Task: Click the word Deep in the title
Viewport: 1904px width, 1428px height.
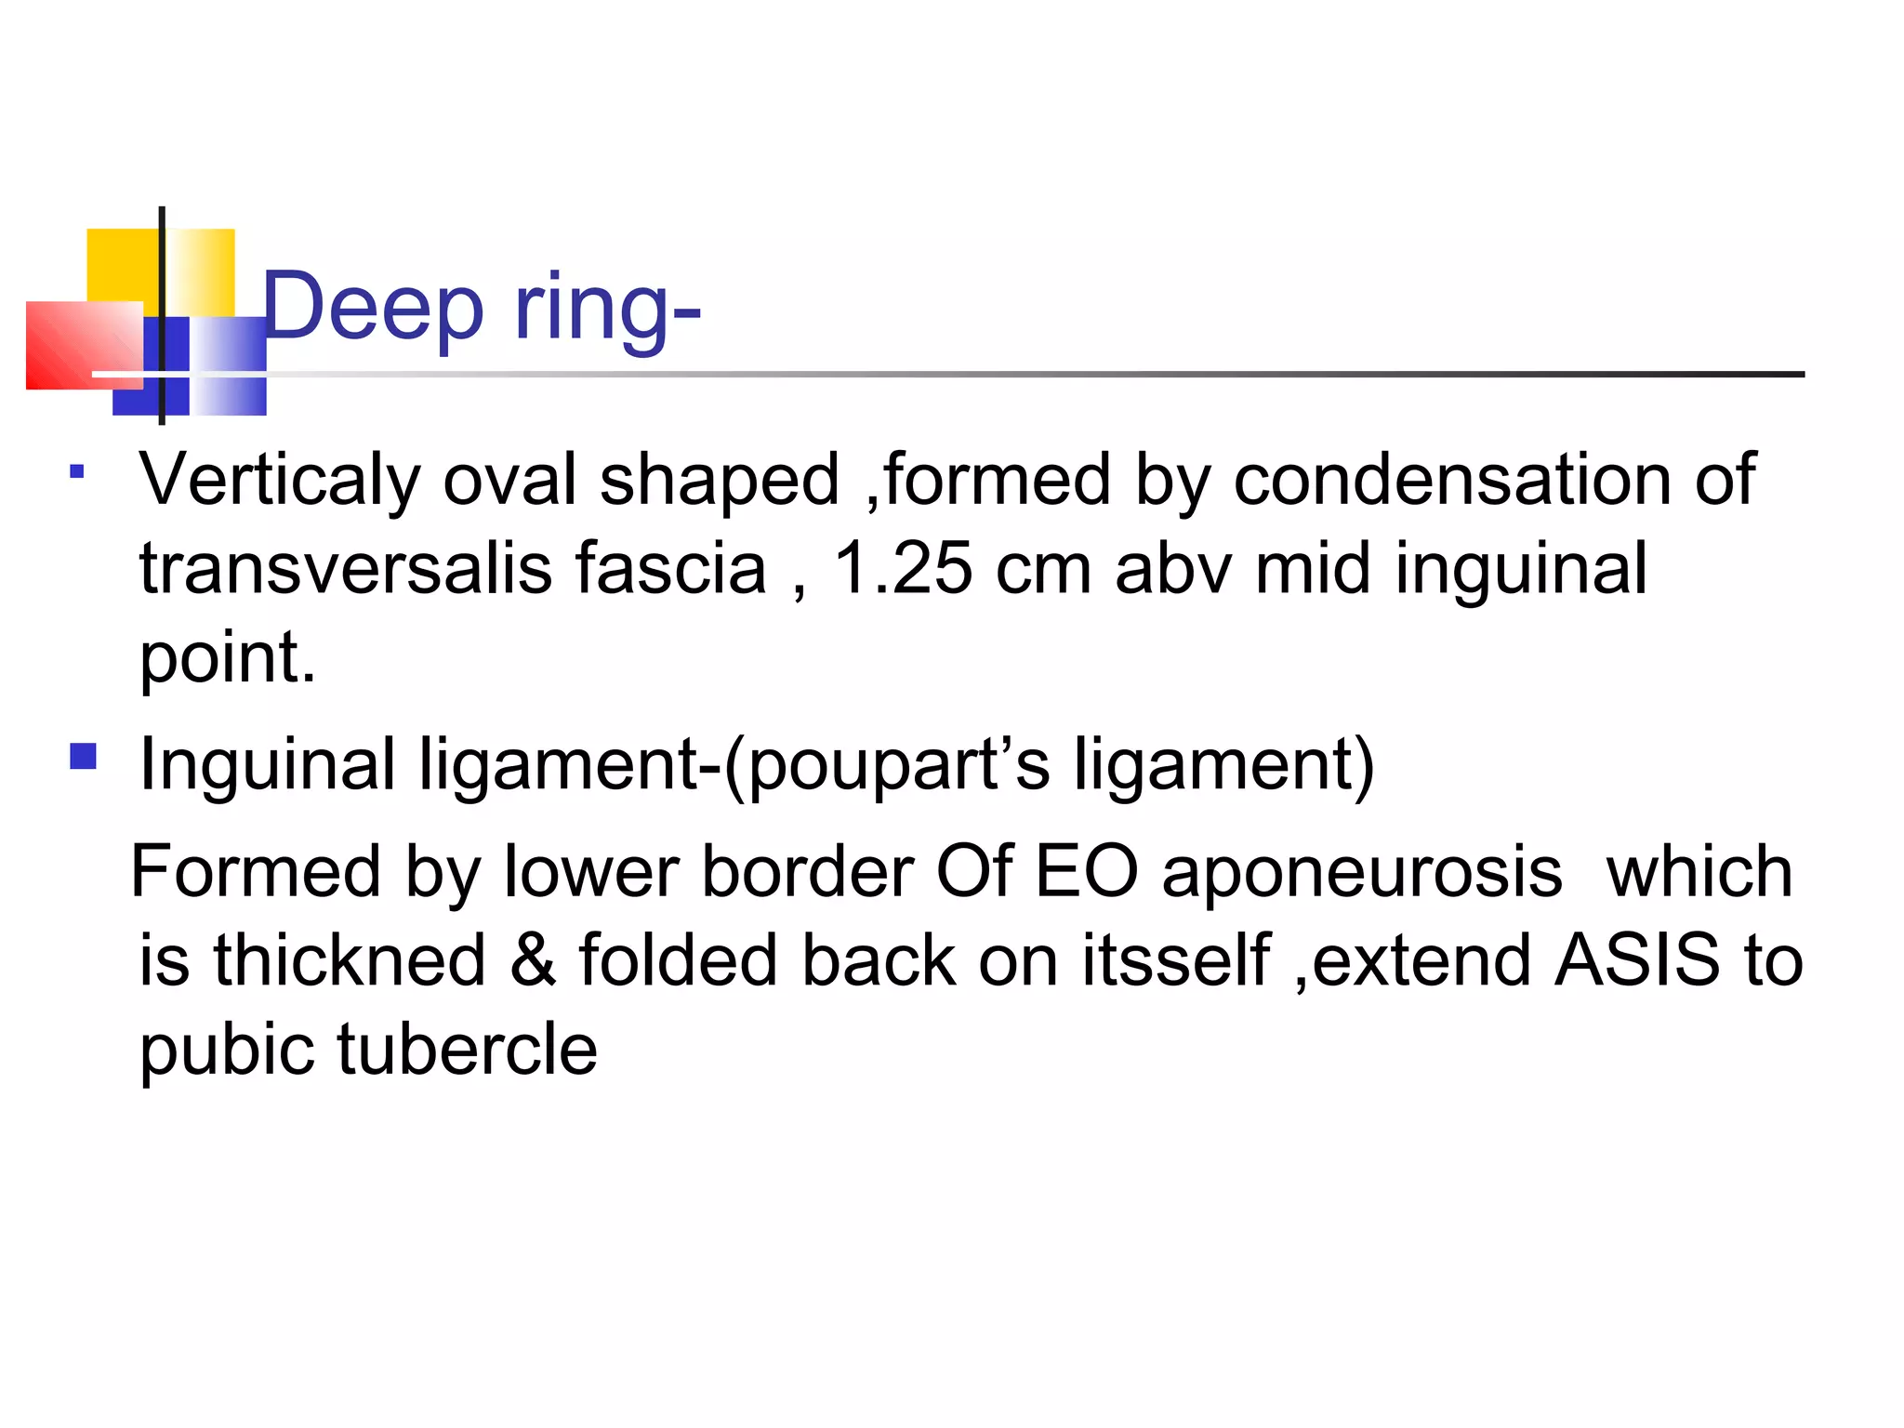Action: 373,308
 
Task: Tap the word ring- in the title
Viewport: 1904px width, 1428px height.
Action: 607,308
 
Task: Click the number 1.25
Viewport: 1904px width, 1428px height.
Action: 903,568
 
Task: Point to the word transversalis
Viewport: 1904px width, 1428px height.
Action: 346,568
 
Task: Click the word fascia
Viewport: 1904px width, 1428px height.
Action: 670,568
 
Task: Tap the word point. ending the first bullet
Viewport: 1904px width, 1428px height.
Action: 228,658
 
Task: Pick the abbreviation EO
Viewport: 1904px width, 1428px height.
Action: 1086,872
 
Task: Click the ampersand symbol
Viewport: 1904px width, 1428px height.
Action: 532,960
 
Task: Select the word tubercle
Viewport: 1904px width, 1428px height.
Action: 467,1049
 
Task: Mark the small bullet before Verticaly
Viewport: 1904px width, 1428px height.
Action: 77,471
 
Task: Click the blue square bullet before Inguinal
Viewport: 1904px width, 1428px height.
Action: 84,756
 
